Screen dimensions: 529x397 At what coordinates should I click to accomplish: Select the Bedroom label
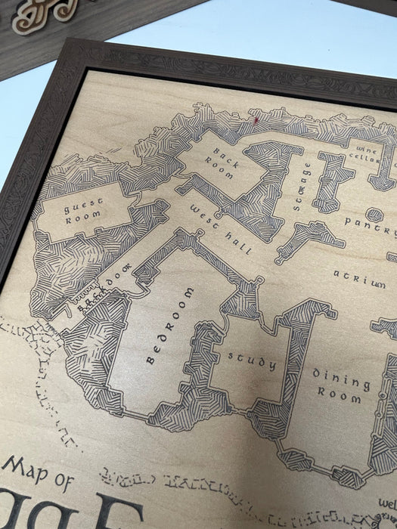coord(169,326)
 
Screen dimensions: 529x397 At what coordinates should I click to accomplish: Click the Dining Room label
coord(341,386)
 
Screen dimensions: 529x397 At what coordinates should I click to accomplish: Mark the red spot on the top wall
coord(256,119)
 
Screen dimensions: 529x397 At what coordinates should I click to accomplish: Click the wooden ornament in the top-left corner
coord(45,14)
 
